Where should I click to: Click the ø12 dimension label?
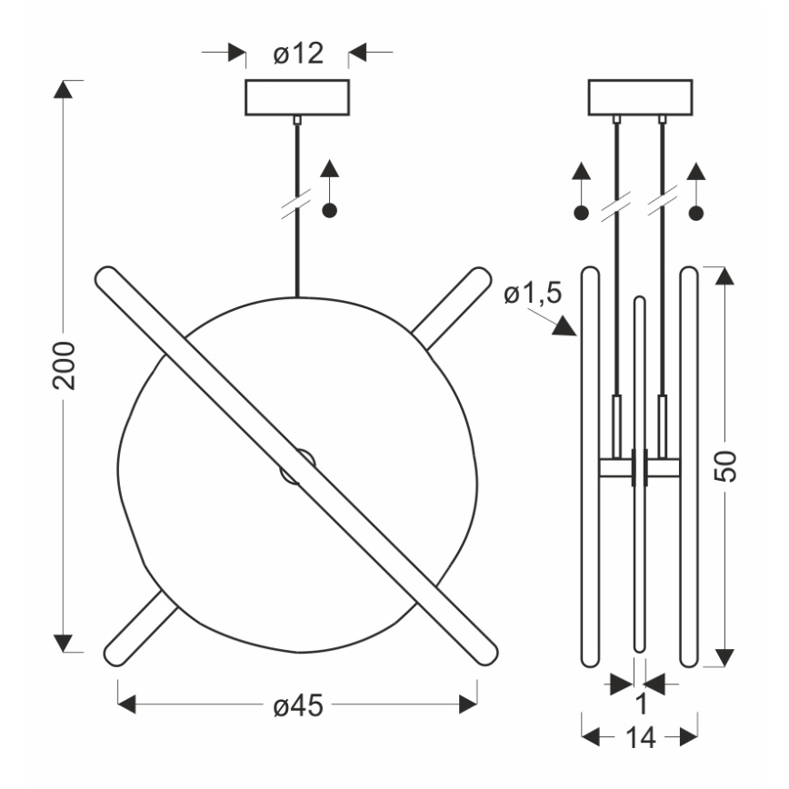(x=298, y=55)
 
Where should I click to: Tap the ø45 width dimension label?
(x=298, y=704)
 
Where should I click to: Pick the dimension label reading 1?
(x=640, y=703)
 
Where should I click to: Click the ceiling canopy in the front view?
(x=297, y=98)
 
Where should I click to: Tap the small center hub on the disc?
(x=298, y=466)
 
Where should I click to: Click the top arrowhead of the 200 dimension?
(x=63, y=89)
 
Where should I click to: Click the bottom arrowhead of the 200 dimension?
(x=63, y=644)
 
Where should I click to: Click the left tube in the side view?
(x=591, y=465)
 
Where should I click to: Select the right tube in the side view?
(x=689, y=465)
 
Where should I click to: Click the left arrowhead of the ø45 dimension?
(x=128, y=704)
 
